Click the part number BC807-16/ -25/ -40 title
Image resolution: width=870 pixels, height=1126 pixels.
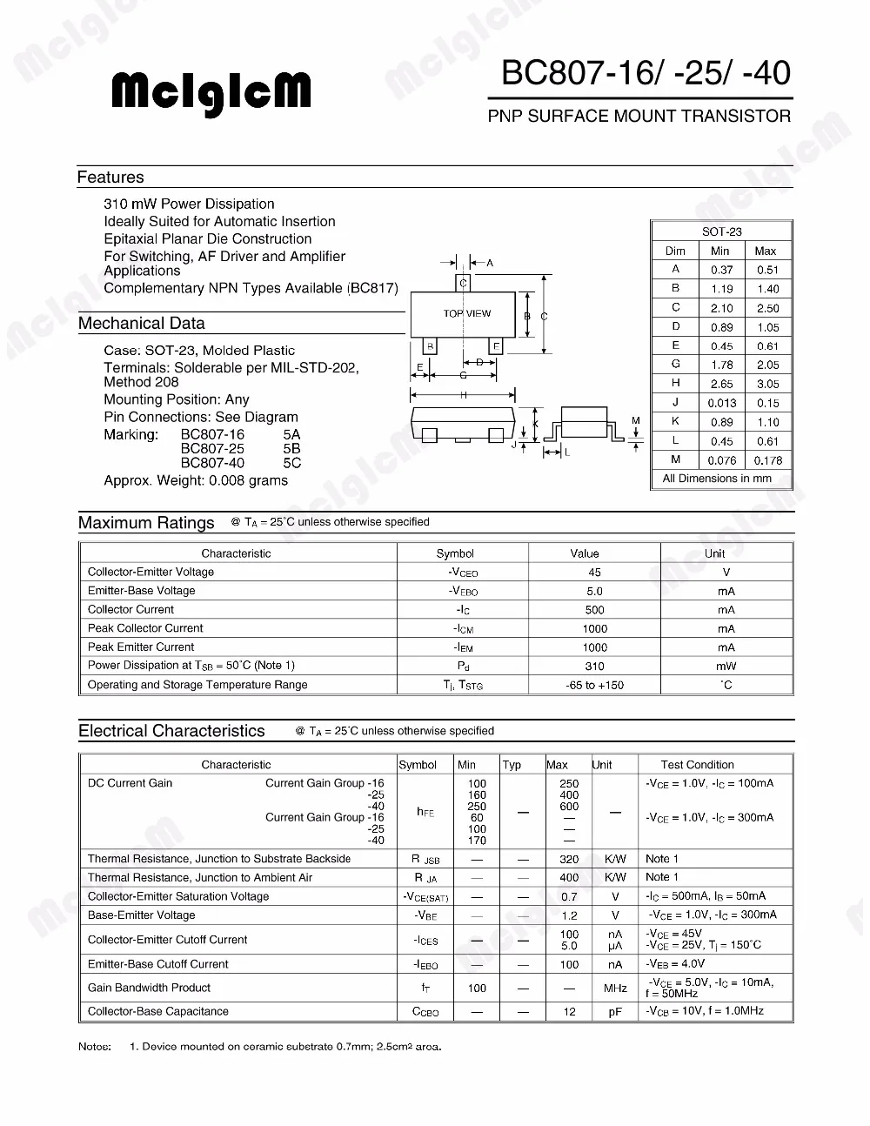click(646, 73)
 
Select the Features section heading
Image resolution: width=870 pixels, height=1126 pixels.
click(110, 178)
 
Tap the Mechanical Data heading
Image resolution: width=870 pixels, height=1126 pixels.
click(142, 324)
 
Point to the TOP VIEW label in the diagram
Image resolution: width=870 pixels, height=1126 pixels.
click(467, 313)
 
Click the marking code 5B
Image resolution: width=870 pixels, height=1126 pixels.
click(291, 449)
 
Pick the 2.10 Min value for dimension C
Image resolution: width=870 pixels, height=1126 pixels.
click(721, 308)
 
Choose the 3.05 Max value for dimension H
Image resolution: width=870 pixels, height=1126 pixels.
click(767, 384)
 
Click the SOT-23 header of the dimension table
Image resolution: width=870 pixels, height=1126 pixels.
click(722, 231)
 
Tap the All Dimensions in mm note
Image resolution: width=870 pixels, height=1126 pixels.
click(717, 479)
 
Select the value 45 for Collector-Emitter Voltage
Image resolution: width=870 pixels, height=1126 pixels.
click(595, 573)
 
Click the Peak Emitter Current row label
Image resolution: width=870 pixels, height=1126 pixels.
click(141, 647)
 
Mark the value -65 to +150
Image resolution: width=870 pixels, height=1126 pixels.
click(595, 685)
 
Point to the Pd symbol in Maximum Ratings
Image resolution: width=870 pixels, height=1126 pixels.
click(463, 667)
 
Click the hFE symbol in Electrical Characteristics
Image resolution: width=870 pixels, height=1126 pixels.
click(425, 812)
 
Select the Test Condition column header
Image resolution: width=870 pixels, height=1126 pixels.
click(697, 765)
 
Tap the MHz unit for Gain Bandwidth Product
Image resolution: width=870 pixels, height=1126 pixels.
click(615, 989)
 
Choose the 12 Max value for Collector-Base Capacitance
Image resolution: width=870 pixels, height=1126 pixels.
click(570, 1012)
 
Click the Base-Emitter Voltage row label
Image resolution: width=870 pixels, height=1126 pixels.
click(141, 915)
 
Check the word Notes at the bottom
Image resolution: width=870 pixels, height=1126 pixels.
click(95, 1047)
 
